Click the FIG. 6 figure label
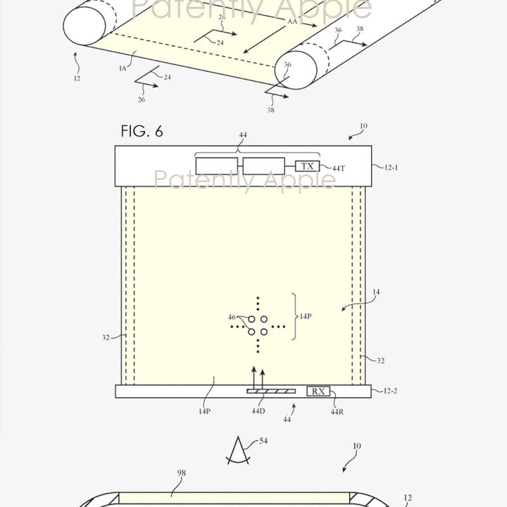(x=142, y=132)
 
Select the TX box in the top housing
(x=307, y=166)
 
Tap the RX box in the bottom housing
(x=319, y=392)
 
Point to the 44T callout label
(x=338, y=168)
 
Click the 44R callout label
(x=337, y=411)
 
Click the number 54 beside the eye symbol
(x=263, y=441)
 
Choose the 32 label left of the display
(x=106, y=338)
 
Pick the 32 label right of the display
(x=380, y=361)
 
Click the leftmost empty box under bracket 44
(x=218, y=166)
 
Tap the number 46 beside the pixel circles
(x=232, y=318)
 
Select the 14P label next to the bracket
(x=305, y=317)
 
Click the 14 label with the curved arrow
(x=375, y=292)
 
